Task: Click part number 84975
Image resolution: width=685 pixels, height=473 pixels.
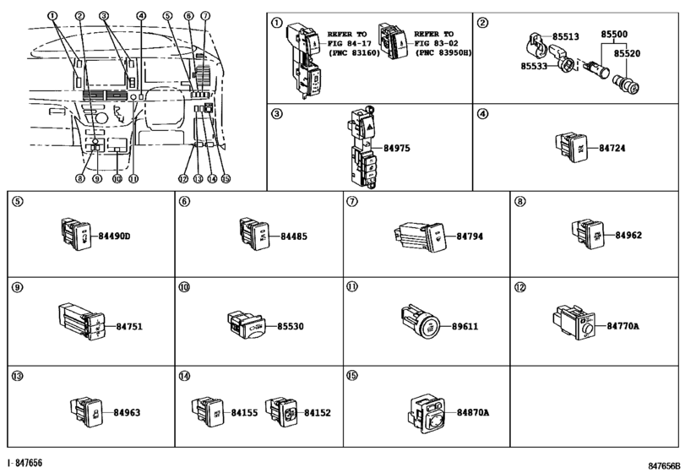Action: pos(397,148)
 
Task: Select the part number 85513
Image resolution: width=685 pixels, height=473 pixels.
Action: pos(566,36)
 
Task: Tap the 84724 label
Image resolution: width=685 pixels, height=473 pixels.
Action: pos(612,148)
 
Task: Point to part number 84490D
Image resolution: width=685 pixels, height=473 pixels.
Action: pos(114,236)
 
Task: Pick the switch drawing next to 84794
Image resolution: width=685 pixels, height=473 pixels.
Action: pos(420,236)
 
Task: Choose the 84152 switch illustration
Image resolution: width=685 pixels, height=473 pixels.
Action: pos(282,411)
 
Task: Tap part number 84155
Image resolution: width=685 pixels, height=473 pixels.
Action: pos(244,413)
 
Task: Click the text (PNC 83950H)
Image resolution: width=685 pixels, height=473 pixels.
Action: pos(443,52)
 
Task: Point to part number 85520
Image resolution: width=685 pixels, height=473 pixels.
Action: pos(627,53)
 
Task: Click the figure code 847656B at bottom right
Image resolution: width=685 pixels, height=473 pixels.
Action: pos(664,465)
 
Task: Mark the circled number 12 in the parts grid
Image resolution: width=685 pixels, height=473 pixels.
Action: pos(519,288)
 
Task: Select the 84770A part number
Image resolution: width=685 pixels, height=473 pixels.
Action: pos(622,326)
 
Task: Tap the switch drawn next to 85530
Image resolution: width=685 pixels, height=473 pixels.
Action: pos(246,325)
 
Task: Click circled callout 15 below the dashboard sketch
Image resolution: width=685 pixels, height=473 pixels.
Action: pos(226,178)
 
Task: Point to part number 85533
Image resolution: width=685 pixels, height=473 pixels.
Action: pos(534,66)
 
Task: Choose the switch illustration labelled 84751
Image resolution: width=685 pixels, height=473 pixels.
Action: pos(82,322)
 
